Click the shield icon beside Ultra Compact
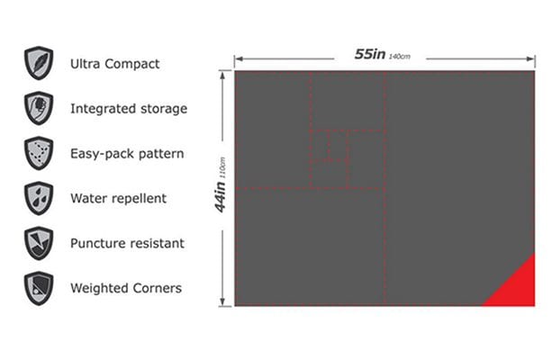(39, 63)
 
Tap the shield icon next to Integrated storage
(39, 108)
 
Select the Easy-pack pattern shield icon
(39, 153)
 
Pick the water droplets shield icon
(39, 198)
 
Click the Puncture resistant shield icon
(39, 243)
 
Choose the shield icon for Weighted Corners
(39, 288)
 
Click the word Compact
(132, 65)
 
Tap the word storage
(164, 109)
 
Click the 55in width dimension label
(369, 54)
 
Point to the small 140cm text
(400, 57)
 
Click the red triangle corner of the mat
(517, 288)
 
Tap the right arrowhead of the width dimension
(531, 58)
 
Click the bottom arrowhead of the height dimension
(222, 301)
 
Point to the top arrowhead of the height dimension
(222, 76)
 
